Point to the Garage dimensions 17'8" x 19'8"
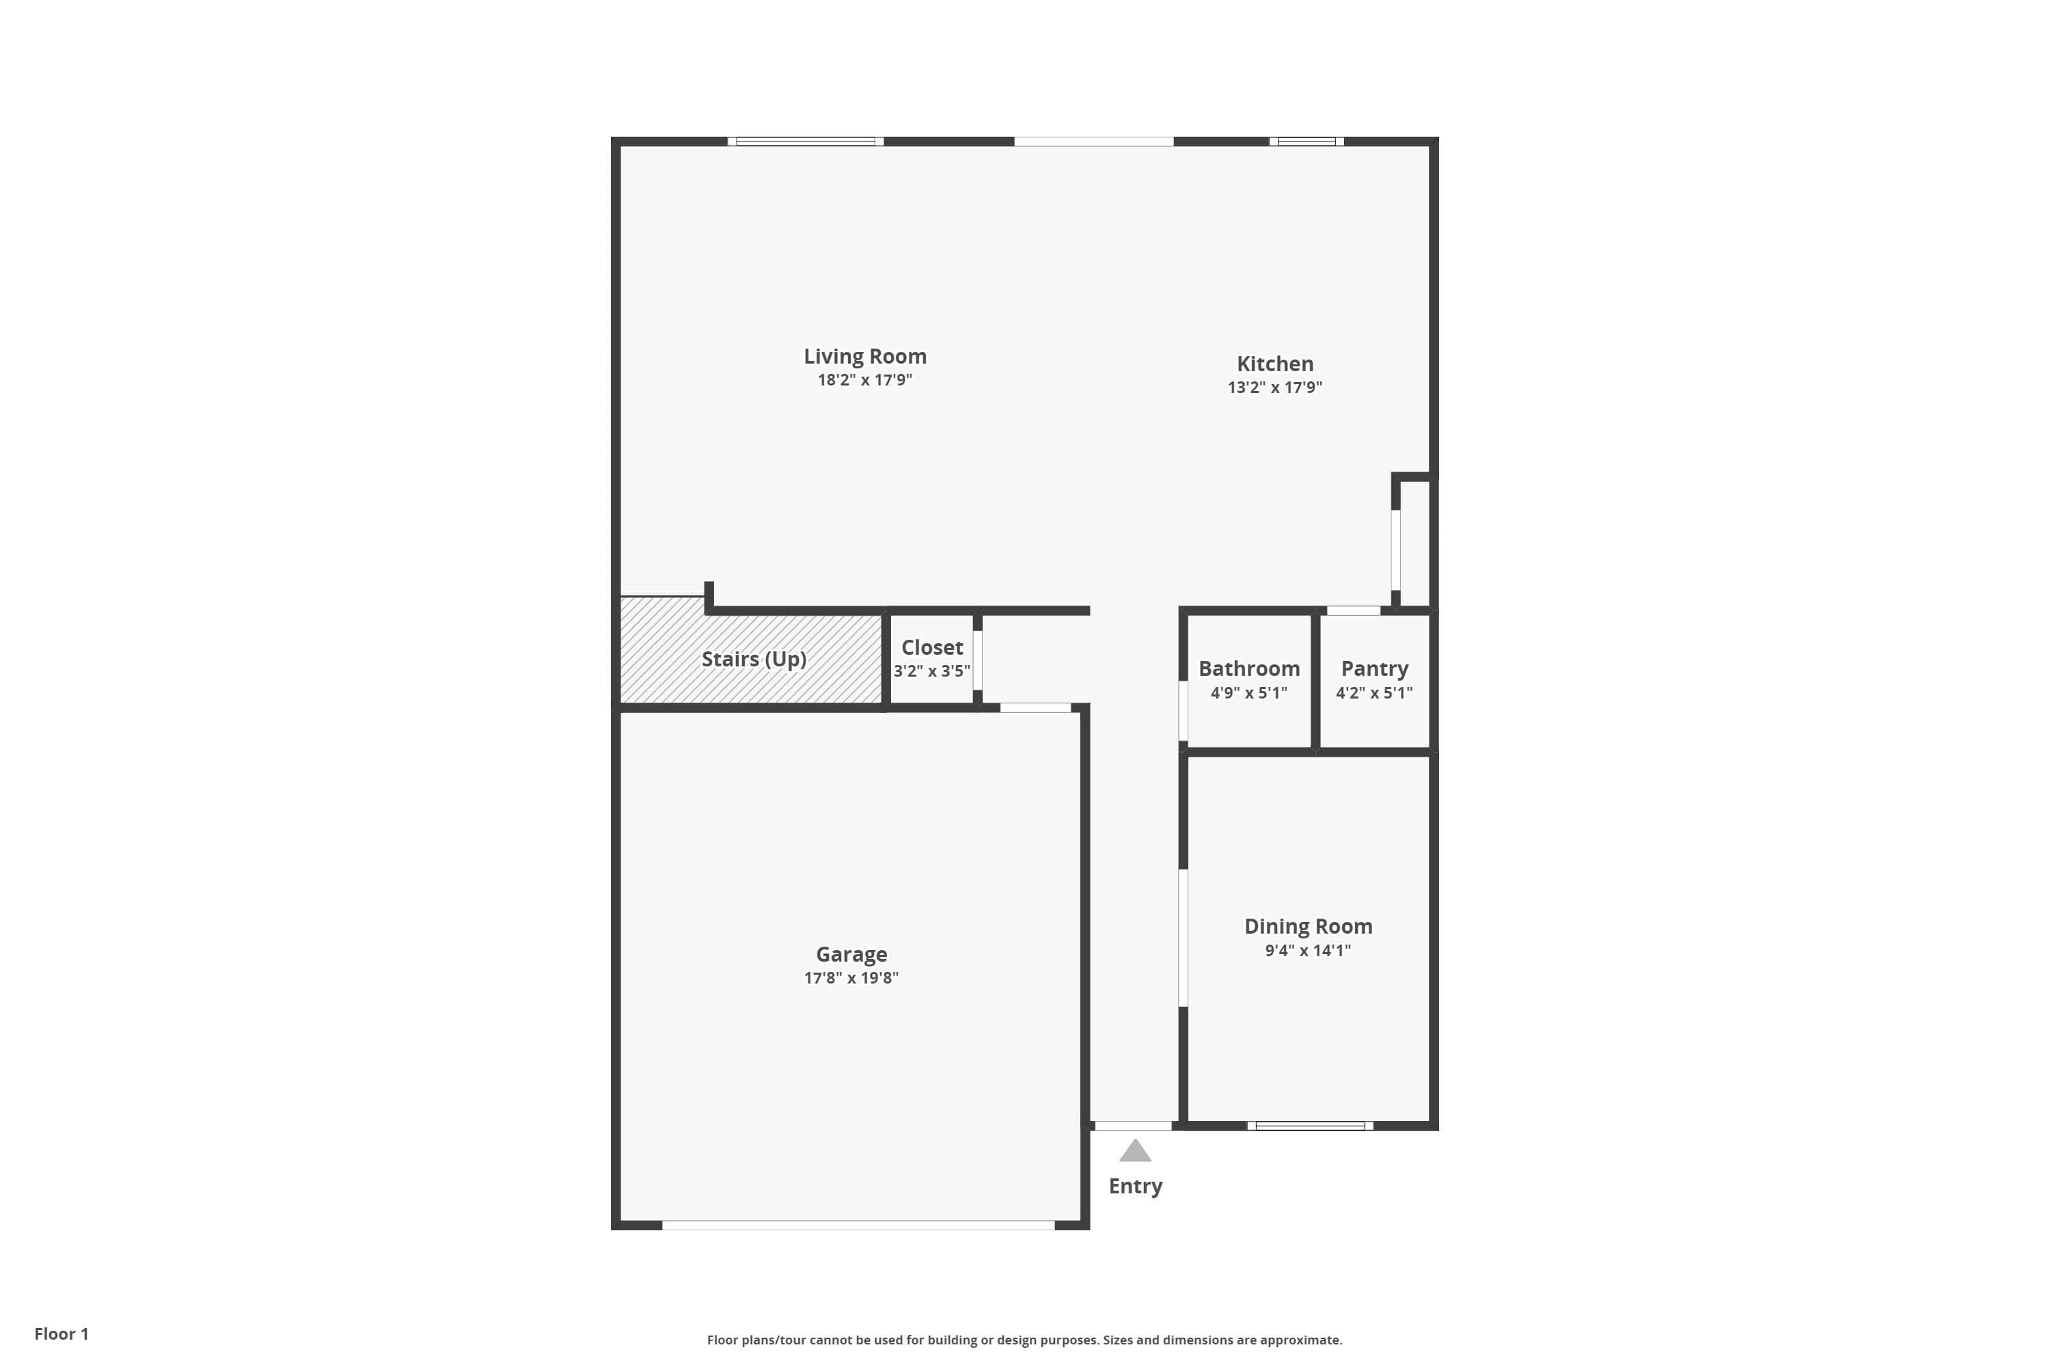(x=851, y=978)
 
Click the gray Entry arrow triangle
(x=1135, y=1152)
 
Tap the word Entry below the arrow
(x=1135, y=1187)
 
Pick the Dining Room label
(x=1307, y=927)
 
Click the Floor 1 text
(x=61, y=1334)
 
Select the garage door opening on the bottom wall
(x=858, y=1226)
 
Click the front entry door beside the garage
(x=1132, y=1126)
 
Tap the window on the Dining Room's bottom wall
(x=1310, y=1126)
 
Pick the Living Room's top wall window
(x=806, y=141)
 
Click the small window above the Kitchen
(x=1306, y=141)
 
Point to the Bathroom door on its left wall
(x=1183, y=711)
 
